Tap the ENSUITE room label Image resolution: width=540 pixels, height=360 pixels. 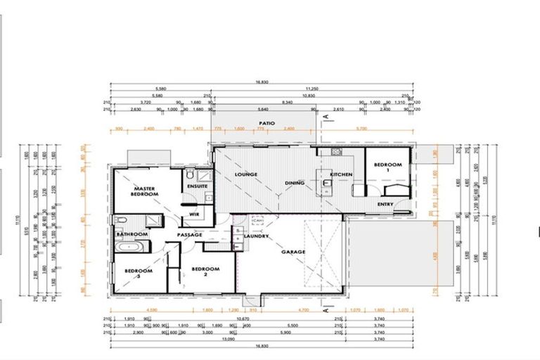coord(196,186)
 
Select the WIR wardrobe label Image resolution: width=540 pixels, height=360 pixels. coord(195,214)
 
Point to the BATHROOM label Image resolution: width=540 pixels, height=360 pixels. coord(131,233)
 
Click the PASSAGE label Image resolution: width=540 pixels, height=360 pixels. coord(190,234)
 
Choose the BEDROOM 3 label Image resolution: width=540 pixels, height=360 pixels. coord(138,272)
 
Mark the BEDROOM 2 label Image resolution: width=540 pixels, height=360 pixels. coord(205,271)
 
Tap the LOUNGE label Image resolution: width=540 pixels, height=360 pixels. coord(247,174)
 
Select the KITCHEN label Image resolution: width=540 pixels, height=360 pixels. coord(341,174)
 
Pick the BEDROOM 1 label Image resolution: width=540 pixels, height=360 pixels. coord(387,167)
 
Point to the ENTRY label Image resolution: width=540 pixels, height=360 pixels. coord(385,204)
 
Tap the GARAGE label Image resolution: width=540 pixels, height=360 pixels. coord(293,251)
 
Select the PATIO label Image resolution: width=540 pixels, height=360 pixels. coord(265,122)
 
